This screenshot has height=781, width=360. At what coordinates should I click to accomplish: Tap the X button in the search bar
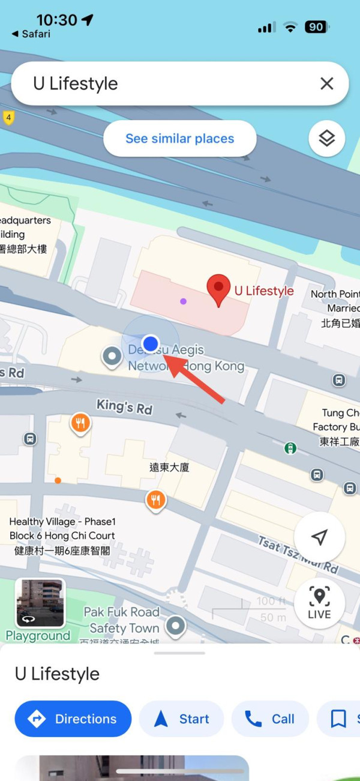(x=326, y=83)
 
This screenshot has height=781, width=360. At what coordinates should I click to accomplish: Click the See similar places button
(x=179, y=139)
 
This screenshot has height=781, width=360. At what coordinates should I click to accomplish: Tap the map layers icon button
(x=326, y=139)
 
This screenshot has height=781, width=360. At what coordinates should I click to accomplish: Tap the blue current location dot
(x=151, y=343)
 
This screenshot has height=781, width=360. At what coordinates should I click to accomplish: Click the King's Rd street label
(x=124, y=406)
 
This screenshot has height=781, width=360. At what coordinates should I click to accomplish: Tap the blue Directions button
(x=73, y=719)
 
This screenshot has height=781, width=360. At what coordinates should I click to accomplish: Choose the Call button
(x=270, y=719)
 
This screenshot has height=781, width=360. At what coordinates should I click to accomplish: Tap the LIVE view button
(x=319, y=603)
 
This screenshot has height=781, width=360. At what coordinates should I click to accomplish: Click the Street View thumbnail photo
(x=40, y=603)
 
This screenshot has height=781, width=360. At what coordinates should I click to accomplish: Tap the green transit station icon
(x=290, y=448)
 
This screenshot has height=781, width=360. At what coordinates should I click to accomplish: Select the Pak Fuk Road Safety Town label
(x=122, y=620)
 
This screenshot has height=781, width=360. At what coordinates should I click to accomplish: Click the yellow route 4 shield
(x=8, y=117)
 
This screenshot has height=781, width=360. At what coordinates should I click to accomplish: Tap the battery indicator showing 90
(x=316, y=27)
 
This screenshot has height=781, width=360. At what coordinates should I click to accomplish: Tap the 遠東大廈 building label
(x=169, y=467)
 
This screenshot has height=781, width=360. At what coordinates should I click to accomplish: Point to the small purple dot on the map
(x=183, y=301)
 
